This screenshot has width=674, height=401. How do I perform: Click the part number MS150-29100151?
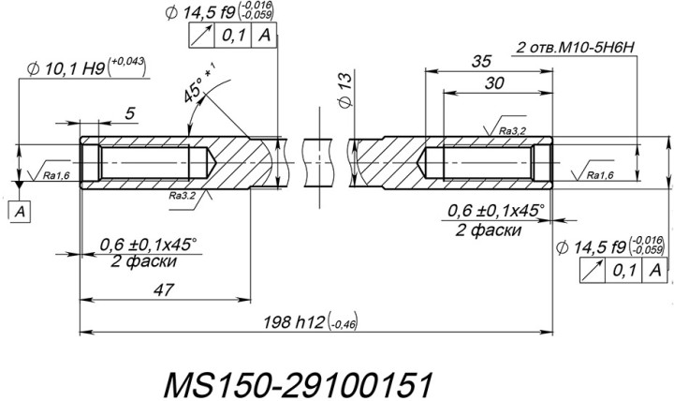coord(298,384)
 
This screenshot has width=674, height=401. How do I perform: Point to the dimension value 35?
coord(480,61)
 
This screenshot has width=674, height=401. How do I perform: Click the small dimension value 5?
coord(130,113)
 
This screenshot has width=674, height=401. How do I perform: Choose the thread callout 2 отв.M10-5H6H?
coord(573,45)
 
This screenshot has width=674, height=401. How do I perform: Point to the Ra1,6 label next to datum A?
coord(56,174)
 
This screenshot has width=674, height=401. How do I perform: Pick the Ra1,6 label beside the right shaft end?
coord(599,175)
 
